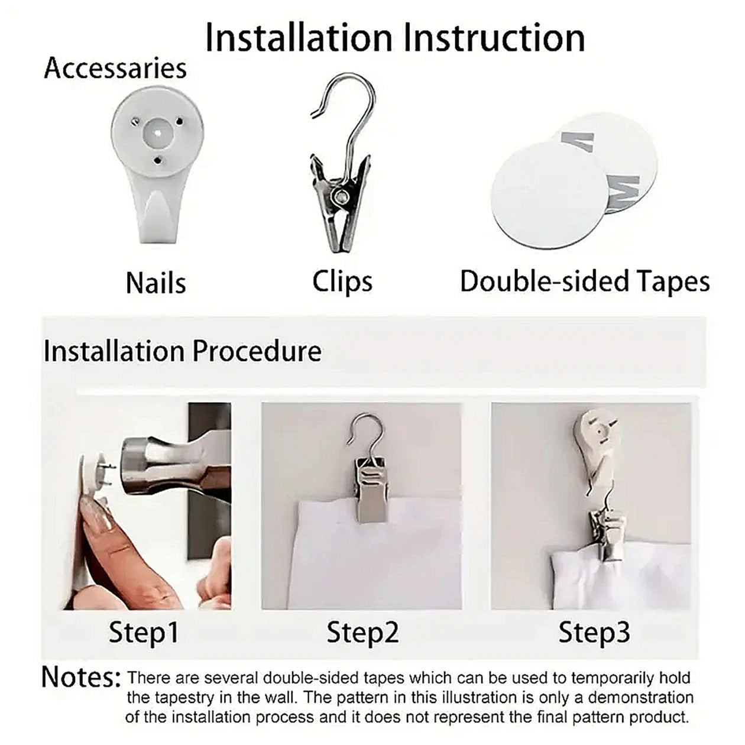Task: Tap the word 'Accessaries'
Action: tap(115, 68)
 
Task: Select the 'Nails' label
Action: tap(156, 283)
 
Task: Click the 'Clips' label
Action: tap(342, 281)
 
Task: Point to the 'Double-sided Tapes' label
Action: tap(584, 281)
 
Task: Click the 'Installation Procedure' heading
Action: tap(182, 351)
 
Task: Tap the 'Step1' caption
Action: tap(143, 632)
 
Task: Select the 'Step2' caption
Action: tap(362, 632)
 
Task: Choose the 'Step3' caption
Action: tap(594, 632)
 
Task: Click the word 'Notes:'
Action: tap(81, 677)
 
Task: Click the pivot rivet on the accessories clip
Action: tap(340, 196)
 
